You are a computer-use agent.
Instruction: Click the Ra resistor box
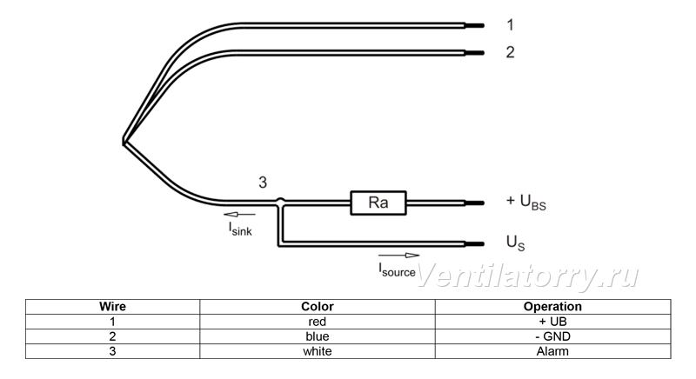click(378, 203)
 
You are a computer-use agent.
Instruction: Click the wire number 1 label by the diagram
click(511, 25)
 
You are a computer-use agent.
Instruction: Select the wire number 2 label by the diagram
click(511, 52)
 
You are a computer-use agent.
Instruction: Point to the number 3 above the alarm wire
click(263, 183)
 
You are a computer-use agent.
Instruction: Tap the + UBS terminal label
click(526, 202)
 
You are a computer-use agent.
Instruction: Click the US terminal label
click(515, 243)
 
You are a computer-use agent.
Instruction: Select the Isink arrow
click(240, 215)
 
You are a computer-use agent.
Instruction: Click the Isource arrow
click(398, 256)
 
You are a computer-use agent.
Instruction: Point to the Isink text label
click(240, 229)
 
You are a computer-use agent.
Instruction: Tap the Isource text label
click(397, 270)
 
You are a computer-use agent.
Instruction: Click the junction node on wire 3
click(280, 202)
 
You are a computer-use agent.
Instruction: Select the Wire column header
click(113, 306)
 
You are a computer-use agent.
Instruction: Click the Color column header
click(318, 306)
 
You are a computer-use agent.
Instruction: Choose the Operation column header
click(552, 306)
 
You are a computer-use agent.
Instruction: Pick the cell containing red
click(318, 322)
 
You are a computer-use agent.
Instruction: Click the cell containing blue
click(318, 336)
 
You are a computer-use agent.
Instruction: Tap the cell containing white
click(318, 351)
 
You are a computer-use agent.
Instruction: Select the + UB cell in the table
click(552, 322)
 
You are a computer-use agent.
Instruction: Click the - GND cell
click(552, 336)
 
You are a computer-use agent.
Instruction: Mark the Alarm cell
click(552, 351)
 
